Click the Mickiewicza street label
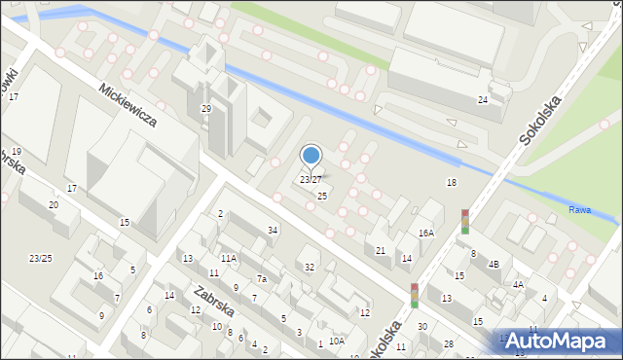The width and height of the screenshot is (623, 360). coord(128,106)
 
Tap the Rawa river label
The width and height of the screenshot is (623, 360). coord(579,210)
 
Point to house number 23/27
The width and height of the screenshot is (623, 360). coord(311,180)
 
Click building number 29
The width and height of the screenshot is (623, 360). coord(205,109)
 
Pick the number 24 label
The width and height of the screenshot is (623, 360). coord(482,100)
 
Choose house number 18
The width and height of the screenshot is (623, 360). coord(451,183)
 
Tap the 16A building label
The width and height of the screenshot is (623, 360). coord(425,234)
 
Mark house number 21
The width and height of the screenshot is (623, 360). coord(381,251)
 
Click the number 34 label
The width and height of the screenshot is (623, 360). coord(274,230)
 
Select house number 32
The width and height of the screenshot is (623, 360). coord(310,267)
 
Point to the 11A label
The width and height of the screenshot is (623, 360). coord(228,259)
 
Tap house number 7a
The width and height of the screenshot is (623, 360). coord(261,279)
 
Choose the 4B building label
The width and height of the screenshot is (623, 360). coord(494,264)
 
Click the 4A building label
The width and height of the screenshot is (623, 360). coord(519,284)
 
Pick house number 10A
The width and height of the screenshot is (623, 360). coord(336,342)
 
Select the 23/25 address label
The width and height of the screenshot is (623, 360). coord(40,258)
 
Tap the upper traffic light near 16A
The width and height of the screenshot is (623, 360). coord(465,221)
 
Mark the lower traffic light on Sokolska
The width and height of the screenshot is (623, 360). coord(414,295)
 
